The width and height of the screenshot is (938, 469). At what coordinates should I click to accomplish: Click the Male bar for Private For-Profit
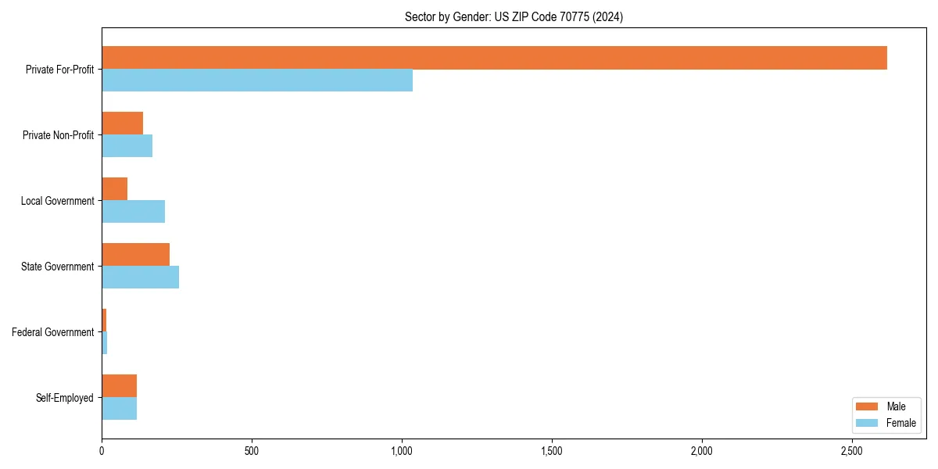[494, 58]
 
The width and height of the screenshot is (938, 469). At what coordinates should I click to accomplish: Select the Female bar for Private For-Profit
[257, 81]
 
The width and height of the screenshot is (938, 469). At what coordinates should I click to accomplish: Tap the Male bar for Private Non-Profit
[122, 124]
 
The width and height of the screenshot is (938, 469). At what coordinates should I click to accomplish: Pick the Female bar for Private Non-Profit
[127, 146]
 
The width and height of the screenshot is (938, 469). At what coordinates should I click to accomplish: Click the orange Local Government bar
[114, 189]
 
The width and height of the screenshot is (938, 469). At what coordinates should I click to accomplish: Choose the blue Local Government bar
[133, 212]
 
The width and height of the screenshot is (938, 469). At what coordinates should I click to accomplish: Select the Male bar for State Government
[135, 255]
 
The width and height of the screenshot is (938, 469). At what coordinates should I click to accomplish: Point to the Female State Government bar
[140, 277]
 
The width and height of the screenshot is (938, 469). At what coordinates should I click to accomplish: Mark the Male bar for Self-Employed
[119, 386]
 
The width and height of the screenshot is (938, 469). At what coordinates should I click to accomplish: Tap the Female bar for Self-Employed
[119, 409]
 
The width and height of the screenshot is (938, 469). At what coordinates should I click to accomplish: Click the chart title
[514, 16]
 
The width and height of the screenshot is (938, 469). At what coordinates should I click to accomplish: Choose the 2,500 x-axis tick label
[851, 451]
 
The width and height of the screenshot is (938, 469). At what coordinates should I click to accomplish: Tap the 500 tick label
[252, 451]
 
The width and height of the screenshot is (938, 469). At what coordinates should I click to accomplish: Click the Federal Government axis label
[53, 332]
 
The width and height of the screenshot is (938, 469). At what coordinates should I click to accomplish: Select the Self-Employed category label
[65, 398]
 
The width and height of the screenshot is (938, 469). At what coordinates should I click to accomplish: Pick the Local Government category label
[58, 201]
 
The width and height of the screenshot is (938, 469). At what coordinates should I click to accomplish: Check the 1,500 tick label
[552, 451]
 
